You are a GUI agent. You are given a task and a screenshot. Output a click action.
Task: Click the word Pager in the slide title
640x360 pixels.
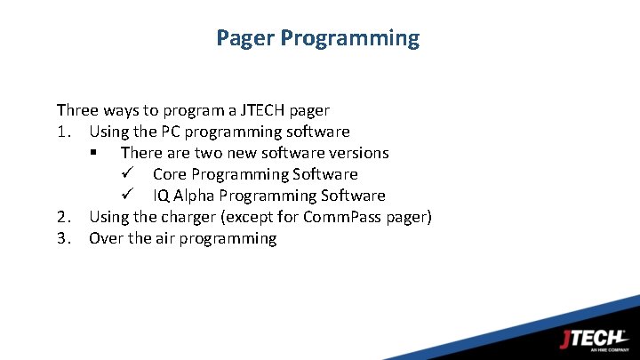click(244, 38)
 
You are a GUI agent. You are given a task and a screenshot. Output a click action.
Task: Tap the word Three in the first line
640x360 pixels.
click(77, 110)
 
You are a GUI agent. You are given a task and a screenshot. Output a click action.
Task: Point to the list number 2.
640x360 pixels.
click(62, 217)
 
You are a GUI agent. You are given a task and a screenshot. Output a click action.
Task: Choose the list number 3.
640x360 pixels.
click(62, 238)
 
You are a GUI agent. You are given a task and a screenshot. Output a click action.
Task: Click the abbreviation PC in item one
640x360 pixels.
click(172, 132)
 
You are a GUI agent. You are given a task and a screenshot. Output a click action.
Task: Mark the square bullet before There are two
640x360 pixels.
click(92, 154)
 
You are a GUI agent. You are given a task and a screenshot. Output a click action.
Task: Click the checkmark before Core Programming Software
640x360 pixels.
click(125, 174)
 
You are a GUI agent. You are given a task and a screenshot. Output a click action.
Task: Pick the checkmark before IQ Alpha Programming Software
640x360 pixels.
click(125, 196)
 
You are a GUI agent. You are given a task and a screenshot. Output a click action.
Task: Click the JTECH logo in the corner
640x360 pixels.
click(594, 340)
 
